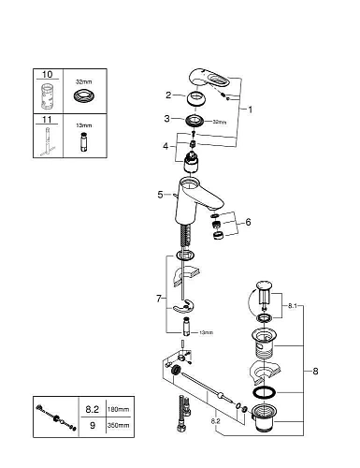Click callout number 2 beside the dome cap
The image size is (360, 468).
[168, 95]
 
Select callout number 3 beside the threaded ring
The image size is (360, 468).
[168, 119]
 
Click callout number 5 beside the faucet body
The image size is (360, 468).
[161, 194]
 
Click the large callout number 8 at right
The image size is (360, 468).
[316, 371]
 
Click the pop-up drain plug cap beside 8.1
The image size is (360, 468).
[264, 285]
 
